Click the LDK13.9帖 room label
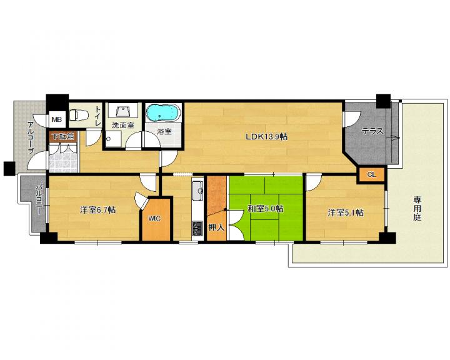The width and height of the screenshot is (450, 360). [x=266, y=136]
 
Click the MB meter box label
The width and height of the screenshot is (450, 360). [x=57, y=119]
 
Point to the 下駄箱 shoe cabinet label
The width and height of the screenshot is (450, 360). [x=63, y=136]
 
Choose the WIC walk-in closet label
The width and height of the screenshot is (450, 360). [x=154, y=219]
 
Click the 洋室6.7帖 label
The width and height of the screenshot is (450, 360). [x=98, y=210]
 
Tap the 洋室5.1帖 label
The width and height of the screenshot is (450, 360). [x=346, y=212]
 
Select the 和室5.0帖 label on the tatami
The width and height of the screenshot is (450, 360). [x=266, y=208]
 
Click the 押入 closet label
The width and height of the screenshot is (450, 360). [x=216, y=227]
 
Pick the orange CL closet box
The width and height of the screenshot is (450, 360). [x=372, y=174]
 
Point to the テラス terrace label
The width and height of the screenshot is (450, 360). [x=372, y=131]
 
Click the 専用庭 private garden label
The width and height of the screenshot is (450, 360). [x=417, y=208]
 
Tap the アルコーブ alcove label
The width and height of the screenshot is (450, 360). [x=31, y=137]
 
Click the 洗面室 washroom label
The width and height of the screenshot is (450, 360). [x=123, y=125]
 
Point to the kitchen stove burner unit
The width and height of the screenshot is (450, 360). [x=197, y=228]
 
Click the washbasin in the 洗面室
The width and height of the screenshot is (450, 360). [x=123, y=111]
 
